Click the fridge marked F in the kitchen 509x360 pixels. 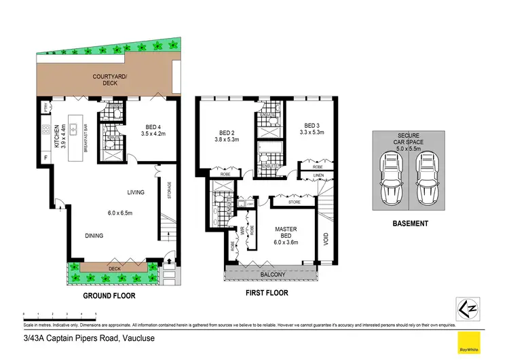45,158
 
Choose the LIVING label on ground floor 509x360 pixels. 136,192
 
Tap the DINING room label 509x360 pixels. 94,236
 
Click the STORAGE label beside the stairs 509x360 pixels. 169,192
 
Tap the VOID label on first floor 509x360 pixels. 326,240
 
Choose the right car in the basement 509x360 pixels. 427,179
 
